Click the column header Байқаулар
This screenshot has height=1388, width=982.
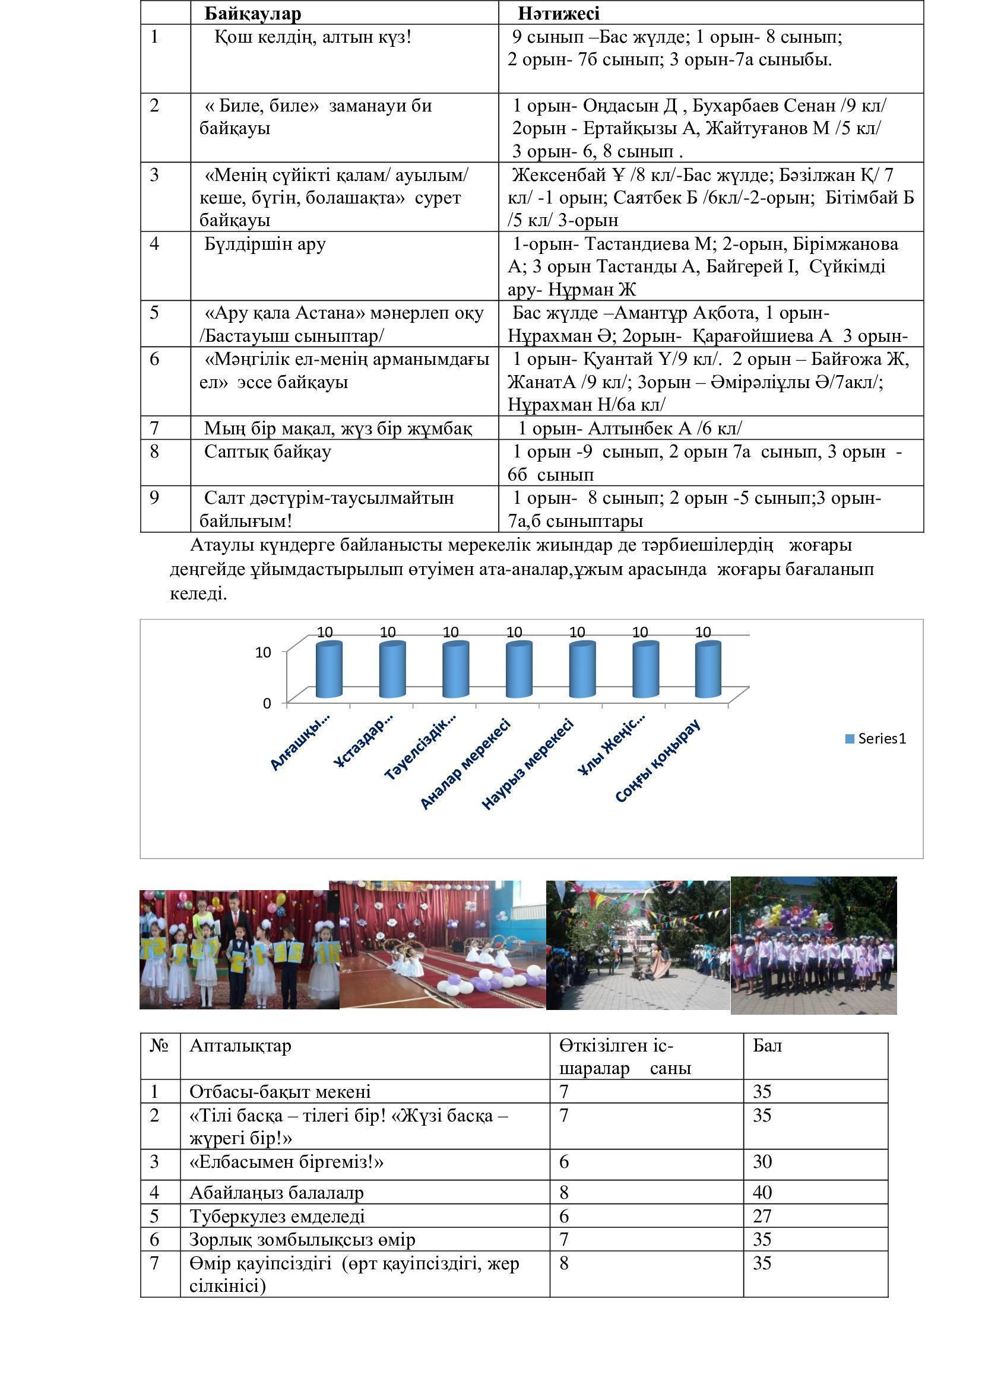(x=253, y=13)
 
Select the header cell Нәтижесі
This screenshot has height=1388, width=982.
(x=558, y=13)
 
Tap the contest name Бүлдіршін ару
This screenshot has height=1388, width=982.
(x=265, y=244)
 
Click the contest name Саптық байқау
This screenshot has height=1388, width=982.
(x=267, y=452)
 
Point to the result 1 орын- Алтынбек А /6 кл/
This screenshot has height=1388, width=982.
(x=629, y=428)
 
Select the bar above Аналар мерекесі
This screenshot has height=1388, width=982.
(x=518, y=670)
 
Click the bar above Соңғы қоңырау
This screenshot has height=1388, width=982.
(x=708, y=670)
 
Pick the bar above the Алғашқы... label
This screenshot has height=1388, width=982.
(x=329, y=670)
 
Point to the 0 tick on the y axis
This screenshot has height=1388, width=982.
(x=267, y=704)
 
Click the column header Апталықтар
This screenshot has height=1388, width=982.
(x=240, y=1046)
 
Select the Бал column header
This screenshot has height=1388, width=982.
(x=767, y=1046)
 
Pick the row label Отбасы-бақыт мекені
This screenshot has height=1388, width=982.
(x=280, y=1092)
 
